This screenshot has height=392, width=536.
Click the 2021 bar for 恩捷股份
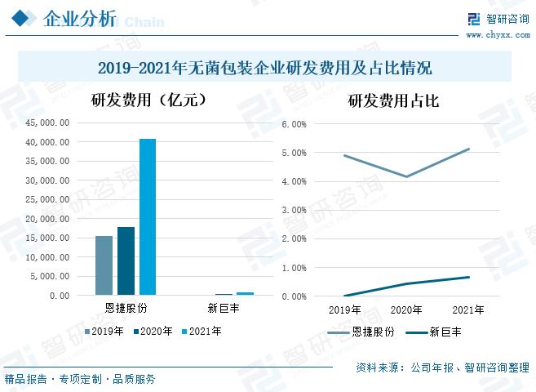[147, 216]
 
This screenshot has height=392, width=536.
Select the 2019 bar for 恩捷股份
[104, 265]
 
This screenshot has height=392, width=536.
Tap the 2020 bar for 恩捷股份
[126, 261]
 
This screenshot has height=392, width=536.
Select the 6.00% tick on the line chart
[293, 124]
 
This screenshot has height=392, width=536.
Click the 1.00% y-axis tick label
[293, 268]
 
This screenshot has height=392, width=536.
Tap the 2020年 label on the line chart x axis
[406, 310]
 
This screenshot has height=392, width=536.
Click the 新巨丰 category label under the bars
[223, 309]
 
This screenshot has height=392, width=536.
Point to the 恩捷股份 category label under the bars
[126, 309]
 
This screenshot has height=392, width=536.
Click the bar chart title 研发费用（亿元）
[147, 101]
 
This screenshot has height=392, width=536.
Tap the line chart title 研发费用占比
[393, 101]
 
